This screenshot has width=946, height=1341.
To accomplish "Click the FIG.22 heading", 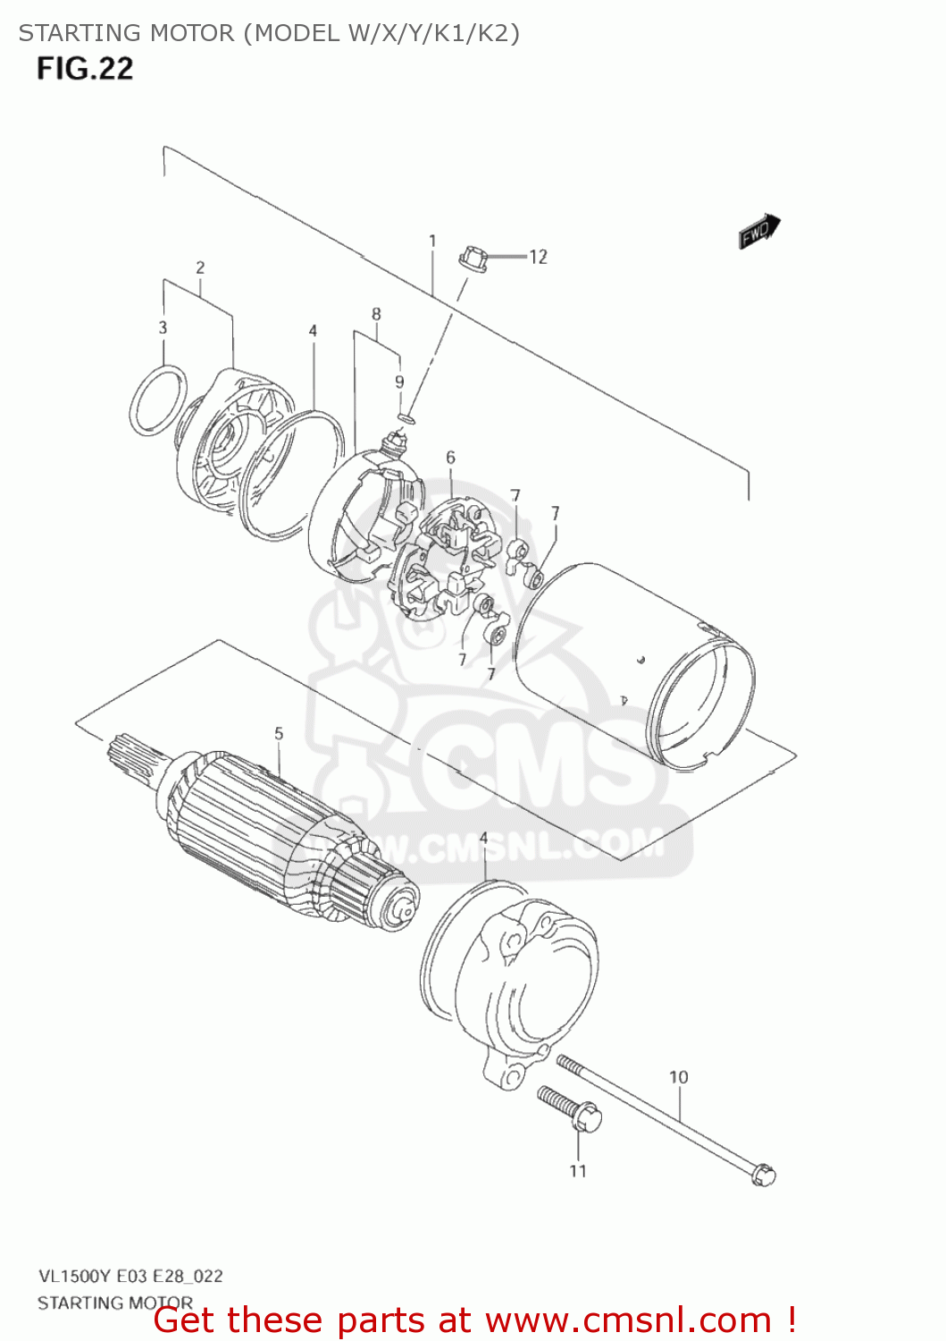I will pos(85,69).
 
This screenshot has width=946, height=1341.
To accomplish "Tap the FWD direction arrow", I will pos(759,232).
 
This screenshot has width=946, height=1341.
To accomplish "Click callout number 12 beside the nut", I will pos(538,257).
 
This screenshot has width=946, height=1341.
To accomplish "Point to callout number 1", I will pos(432,241).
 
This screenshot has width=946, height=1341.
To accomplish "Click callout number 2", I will pos(200,267).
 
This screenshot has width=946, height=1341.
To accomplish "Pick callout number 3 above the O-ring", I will pos(163,328).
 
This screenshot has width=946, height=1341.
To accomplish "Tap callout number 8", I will pos(376,315).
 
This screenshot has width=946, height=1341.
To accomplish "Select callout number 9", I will pos(399,382).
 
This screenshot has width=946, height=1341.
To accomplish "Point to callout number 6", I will pos(450,458).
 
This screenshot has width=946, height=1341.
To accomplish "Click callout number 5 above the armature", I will pos(279,733).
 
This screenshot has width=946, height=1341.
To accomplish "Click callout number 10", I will pos(678,1077).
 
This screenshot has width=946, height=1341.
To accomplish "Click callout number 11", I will pos(578,1171).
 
